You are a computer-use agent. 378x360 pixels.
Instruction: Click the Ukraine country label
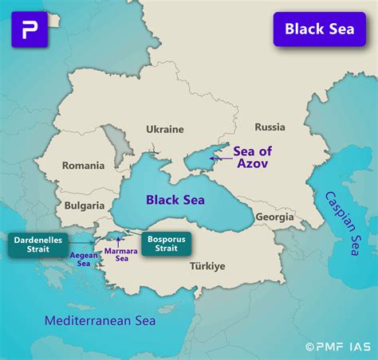(165, 129)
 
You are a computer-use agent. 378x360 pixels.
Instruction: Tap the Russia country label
(270, 127)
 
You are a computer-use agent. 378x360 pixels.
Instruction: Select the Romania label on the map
(85, 166)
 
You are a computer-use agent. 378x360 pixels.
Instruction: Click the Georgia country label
(274, 216)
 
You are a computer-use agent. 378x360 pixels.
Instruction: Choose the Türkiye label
(207, 266)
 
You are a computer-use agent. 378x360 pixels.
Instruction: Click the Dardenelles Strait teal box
(37, 244)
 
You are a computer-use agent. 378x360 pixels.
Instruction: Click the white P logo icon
(30, 29)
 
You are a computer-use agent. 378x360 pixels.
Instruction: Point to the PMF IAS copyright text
(338, 346)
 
